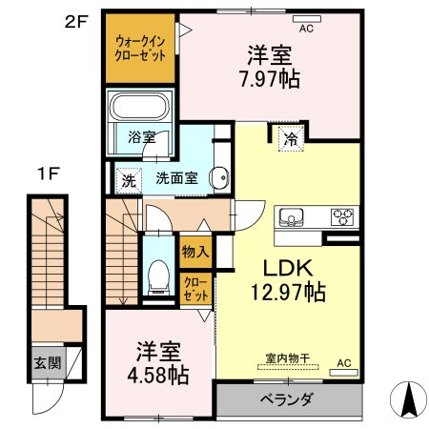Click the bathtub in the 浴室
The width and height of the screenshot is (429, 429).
(139, 107)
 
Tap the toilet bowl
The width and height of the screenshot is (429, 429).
(158, 276)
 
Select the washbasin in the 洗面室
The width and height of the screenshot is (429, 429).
(219, 177)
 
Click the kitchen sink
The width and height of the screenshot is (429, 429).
(291, 217)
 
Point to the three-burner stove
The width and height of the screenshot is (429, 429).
(342, 217)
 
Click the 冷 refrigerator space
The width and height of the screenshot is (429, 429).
(291, 138)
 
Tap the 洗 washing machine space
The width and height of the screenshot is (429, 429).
(129, 181)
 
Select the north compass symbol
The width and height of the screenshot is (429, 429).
(408, 399)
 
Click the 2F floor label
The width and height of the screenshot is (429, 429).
(76, 22)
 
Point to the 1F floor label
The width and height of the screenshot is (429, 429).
(49, 174)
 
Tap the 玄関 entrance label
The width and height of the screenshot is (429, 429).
(48, 362)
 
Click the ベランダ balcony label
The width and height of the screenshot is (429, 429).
(287, 399)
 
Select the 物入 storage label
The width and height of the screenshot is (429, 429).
(195, 252)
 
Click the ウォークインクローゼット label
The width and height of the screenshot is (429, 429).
(140, 49)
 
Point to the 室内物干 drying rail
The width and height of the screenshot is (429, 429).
(288, 367)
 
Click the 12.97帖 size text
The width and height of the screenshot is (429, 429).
(288, 292)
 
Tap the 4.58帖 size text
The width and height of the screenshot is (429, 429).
(158, 376)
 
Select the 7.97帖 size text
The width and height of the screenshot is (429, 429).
(270, 78)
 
